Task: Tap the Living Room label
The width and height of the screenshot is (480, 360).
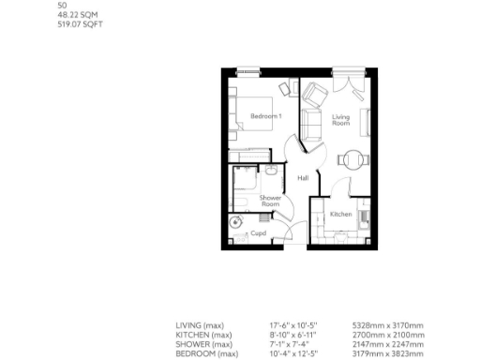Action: click(341, 119)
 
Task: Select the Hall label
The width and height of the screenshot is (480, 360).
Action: click(303, 178)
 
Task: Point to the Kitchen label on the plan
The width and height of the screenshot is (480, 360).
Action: click(340, 215)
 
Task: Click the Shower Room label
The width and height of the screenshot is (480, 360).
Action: click(270, 201)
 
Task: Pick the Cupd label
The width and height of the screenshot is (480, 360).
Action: click(258, 232)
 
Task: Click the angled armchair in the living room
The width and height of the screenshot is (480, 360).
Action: click(315, 95)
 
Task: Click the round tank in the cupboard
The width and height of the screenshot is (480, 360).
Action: click(234, 222)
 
